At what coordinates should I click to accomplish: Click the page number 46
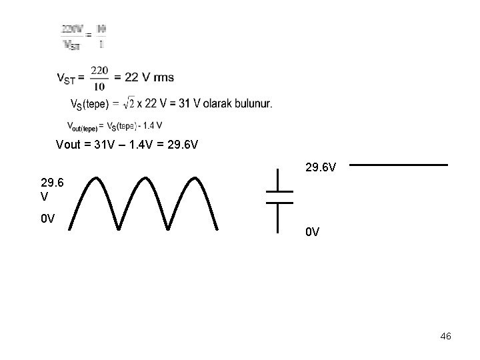(x=446, y=337)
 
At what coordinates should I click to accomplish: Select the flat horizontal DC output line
(x=399, y=165)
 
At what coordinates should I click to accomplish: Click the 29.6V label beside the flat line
(x=321, y=164)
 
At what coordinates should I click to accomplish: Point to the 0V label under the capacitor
(x=313, y=233)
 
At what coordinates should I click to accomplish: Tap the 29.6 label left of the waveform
(x=52, y=183)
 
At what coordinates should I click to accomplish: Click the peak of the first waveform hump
(x=95, y=178)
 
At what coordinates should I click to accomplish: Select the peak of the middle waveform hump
(x=145, y=178)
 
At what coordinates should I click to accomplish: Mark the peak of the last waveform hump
(x=195, y=178)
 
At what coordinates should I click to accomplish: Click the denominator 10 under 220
(x=99, y=86)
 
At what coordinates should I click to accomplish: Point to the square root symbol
(x=130, y=103)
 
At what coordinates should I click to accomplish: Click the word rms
(x=163, y=77)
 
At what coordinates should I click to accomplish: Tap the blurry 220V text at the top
(x=72, y=29)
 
